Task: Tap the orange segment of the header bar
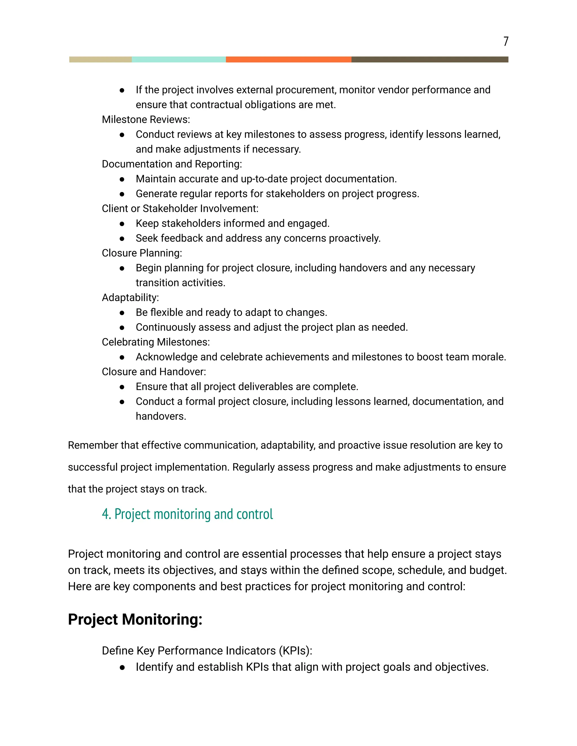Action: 288,59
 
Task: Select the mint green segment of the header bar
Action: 179,59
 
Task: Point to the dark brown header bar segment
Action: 430,59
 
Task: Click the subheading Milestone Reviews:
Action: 146,120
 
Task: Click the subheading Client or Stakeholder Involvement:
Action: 180,208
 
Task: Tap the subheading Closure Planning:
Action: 142,253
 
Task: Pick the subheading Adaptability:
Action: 130,298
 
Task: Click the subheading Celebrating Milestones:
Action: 156,342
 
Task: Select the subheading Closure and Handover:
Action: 154,372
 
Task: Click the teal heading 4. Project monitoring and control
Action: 187,514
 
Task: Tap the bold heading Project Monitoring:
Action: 135,619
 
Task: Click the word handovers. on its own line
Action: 161,416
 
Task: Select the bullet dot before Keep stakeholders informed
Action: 122,224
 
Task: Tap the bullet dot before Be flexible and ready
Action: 122,313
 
